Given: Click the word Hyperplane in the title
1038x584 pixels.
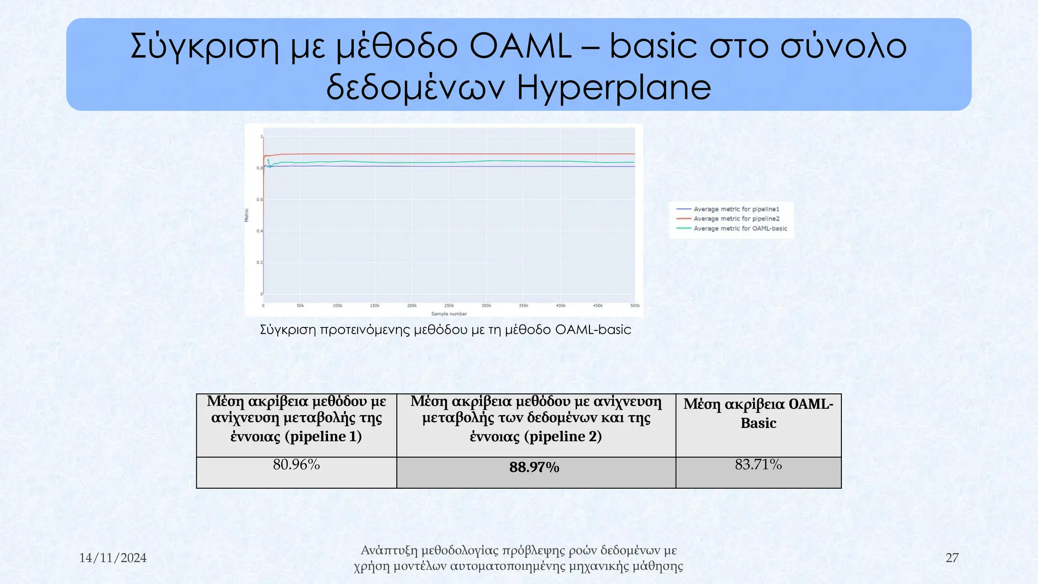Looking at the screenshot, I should tap(614, 87).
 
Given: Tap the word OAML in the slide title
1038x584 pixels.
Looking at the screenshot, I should tap(521, 46).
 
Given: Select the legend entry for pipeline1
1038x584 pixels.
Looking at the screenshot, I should tap(736, 209).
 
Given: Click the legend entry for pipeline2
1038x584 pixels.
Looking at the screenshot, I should tap(736, 219).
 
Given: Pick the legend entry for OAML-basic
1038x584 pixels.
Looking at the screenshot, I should tap(740, 229).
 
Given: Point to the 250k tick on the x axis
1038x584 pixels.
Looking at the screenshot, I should tap(449, 306).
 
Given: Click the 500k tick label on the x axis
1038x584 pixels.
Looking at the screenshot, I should tap(635, 306).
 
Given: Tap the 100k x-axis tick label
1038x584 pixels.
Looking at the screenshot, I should tap(338, 306).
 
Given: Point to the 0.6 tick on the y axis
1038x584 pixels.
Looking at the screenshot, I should tap(259, 200).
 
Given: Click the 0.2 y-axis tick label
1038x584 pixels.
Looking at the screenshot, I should tap(259, 263).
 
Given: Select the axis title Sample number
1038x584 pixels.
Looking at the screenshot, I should tap(449, 314).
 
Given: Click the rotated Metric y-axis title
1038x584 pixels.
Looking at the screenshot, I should tap(247, 215).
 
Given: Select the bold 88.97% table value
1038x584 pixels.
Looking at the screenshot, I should tap(534, 467).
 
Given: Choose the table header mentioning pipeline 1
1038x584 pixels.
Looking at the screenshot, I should tap(296, 419).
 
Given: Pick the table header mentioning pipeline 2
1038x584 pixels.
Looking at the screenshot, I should tap(536, 419).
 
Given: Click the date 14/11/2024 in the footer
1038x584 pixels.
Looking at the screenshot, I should tap(113, 558).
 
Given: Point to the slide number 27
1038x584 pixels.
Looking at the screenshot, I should tap(952, 558).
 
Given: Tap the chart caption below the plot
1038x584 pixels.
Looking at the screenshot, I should tap(445, 330).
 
